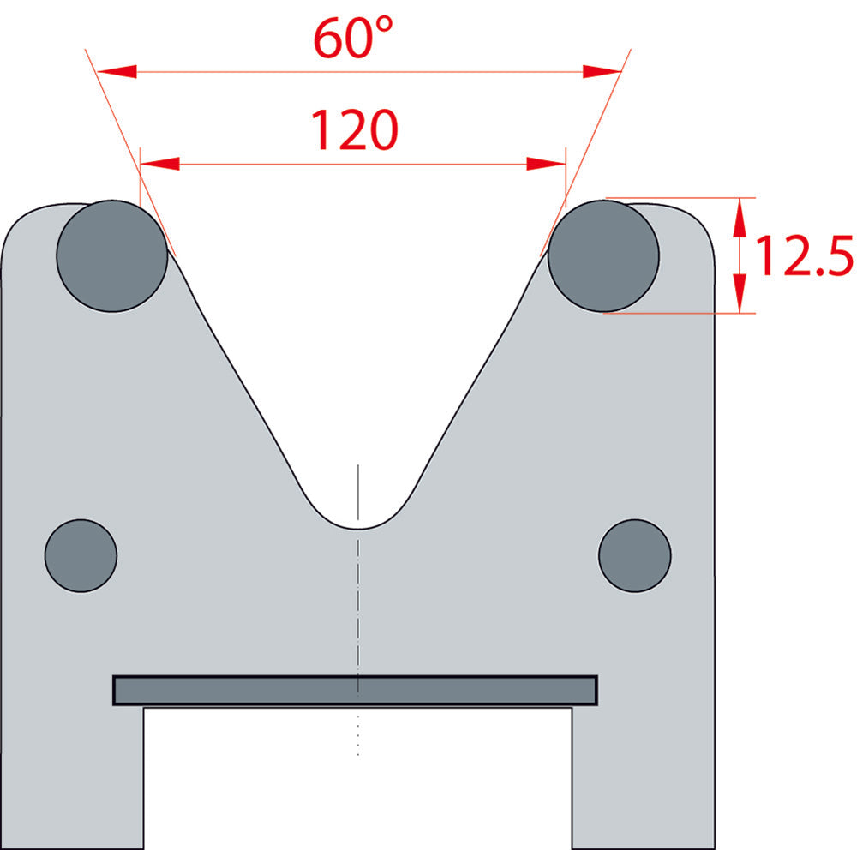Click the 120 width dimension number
coord(354,129)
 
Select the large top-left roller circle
coord(112,255)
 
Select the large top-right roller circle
coord(603,255)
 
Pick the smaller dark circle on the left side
coord(81,556)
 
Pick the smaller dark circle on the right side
coord(634,556)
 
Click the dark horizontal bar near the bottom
coord(355,690)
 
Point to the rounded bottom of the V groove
coord(357,528)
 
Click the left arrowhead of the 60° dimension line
coord(117,71)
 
